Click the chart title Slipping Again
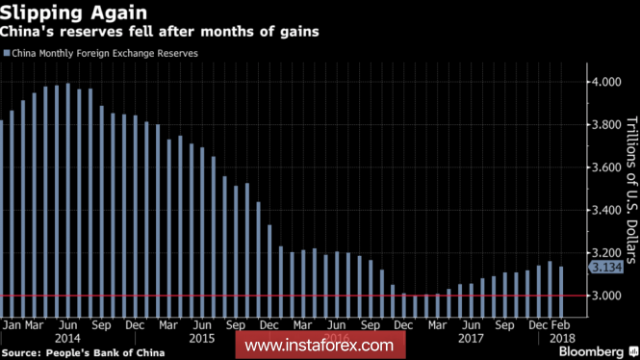(73, 13)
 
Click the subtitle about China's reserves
(159, 32)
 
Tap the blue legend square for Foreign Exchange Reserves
(7, 53)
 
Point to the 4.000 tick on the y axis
(606, 82)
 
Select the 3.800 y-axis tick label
(606, 124)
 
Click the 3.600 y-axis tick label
(606, 167)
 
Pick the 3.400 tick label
(606, 210)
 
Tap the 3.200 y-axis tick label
(606, 253)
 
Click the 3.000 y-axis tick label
(606, 296)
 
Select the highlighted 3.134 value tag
(606, 268)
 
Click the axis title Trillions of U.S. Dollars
(631, 190)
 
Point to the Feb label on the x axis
(560, 325)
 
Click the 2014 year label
(67, 339)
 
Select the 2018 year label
(562, 339)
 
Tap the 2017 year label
(471, 339)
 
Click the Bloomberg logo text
(592, 352)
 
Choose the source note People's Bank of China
(83, 353)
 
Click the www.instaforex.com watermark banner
(320, 346)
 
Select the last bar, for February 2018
(561, 292)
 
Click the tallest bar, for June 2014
(68, 200)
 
